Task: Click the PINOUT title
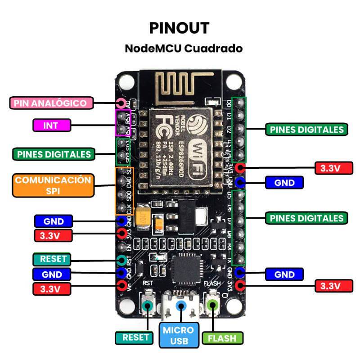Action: tap(180, 28)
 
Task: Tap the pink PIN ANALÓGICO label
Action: tap(50, 103)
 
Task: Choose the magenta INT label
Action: tap(51, 126)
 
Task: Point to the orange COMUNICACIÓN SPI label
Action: tap(53, 185)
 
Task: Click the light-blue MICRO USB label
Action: tap(178, 336)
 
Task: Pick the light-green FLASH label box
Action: tap(223, 338)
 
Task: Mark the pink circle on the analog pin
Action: tap(121, 103)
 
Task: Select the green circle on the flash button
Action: tap(212, 305)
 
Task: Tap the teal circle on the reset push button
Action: tap(147, 306)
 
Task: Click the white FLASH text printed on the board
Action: tap(212, 284)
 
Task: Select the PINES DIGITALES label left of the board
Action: tap(54, 154)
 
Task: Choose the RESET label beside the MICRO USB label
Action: tap(135, 338)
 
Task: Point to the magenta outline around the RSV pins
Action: tap(123, 122)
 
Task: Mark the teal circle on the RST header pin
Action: tap(121, 260)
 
